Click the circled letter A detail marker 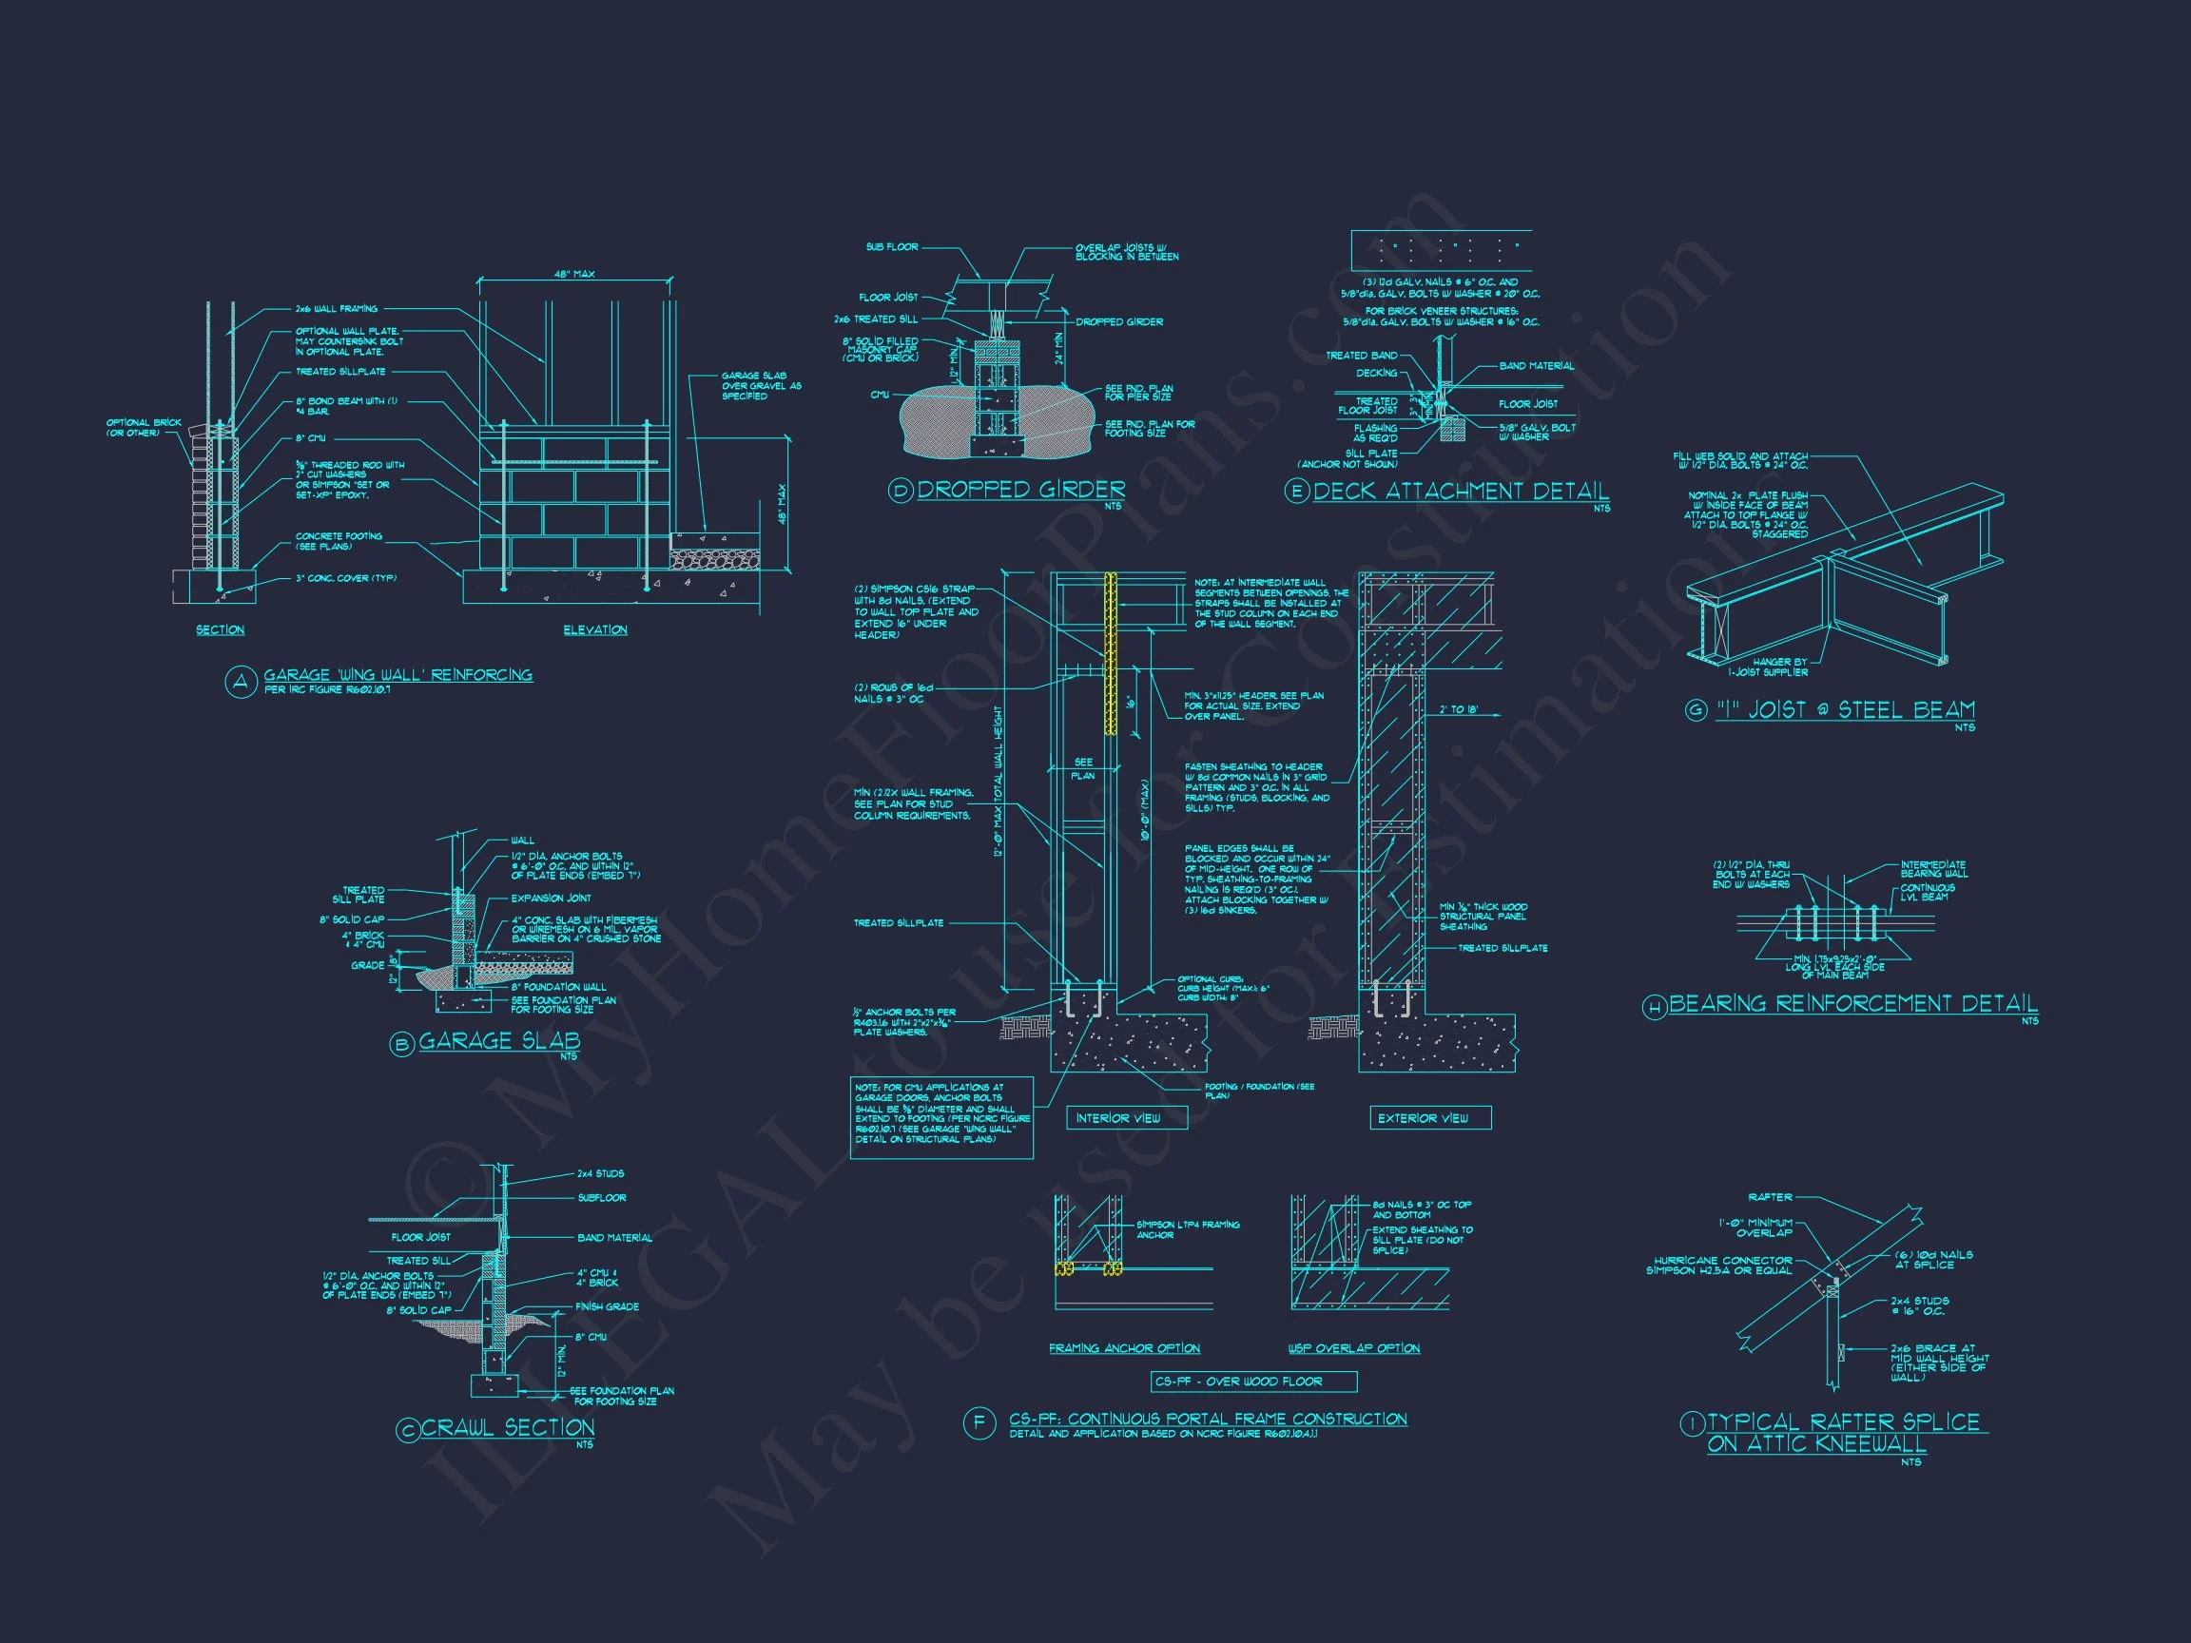pos(240,682)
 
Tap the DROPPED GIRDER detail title pos(1020,490)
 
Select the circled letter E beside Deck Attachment pos(1296,493)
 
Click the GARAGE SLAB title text pos(499,1041)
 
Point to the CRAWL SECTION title pos(508,1427)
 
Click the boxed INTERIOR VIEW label pos(1117,1118)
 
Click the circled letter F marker pos(979,1424)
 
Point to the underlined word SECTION pos(220,629)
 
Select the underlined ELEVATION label pos(594,629)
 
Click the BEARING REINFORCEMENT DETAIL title pos(1852,1004)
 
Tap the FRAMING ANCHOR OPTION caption pos(1124,1348)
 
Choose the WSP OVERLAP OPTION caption pos(1353,1348)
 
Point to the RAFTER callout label pos(1769,1197)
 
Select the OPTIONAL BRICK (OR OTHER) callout pos(145,428)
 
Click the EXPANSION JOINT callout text pos(551,899)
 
